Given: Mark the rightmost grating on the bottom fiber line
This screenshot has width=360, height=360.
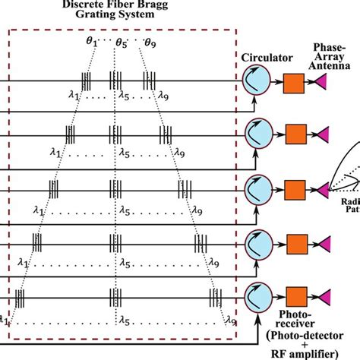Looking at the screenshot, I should point(216,297).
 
